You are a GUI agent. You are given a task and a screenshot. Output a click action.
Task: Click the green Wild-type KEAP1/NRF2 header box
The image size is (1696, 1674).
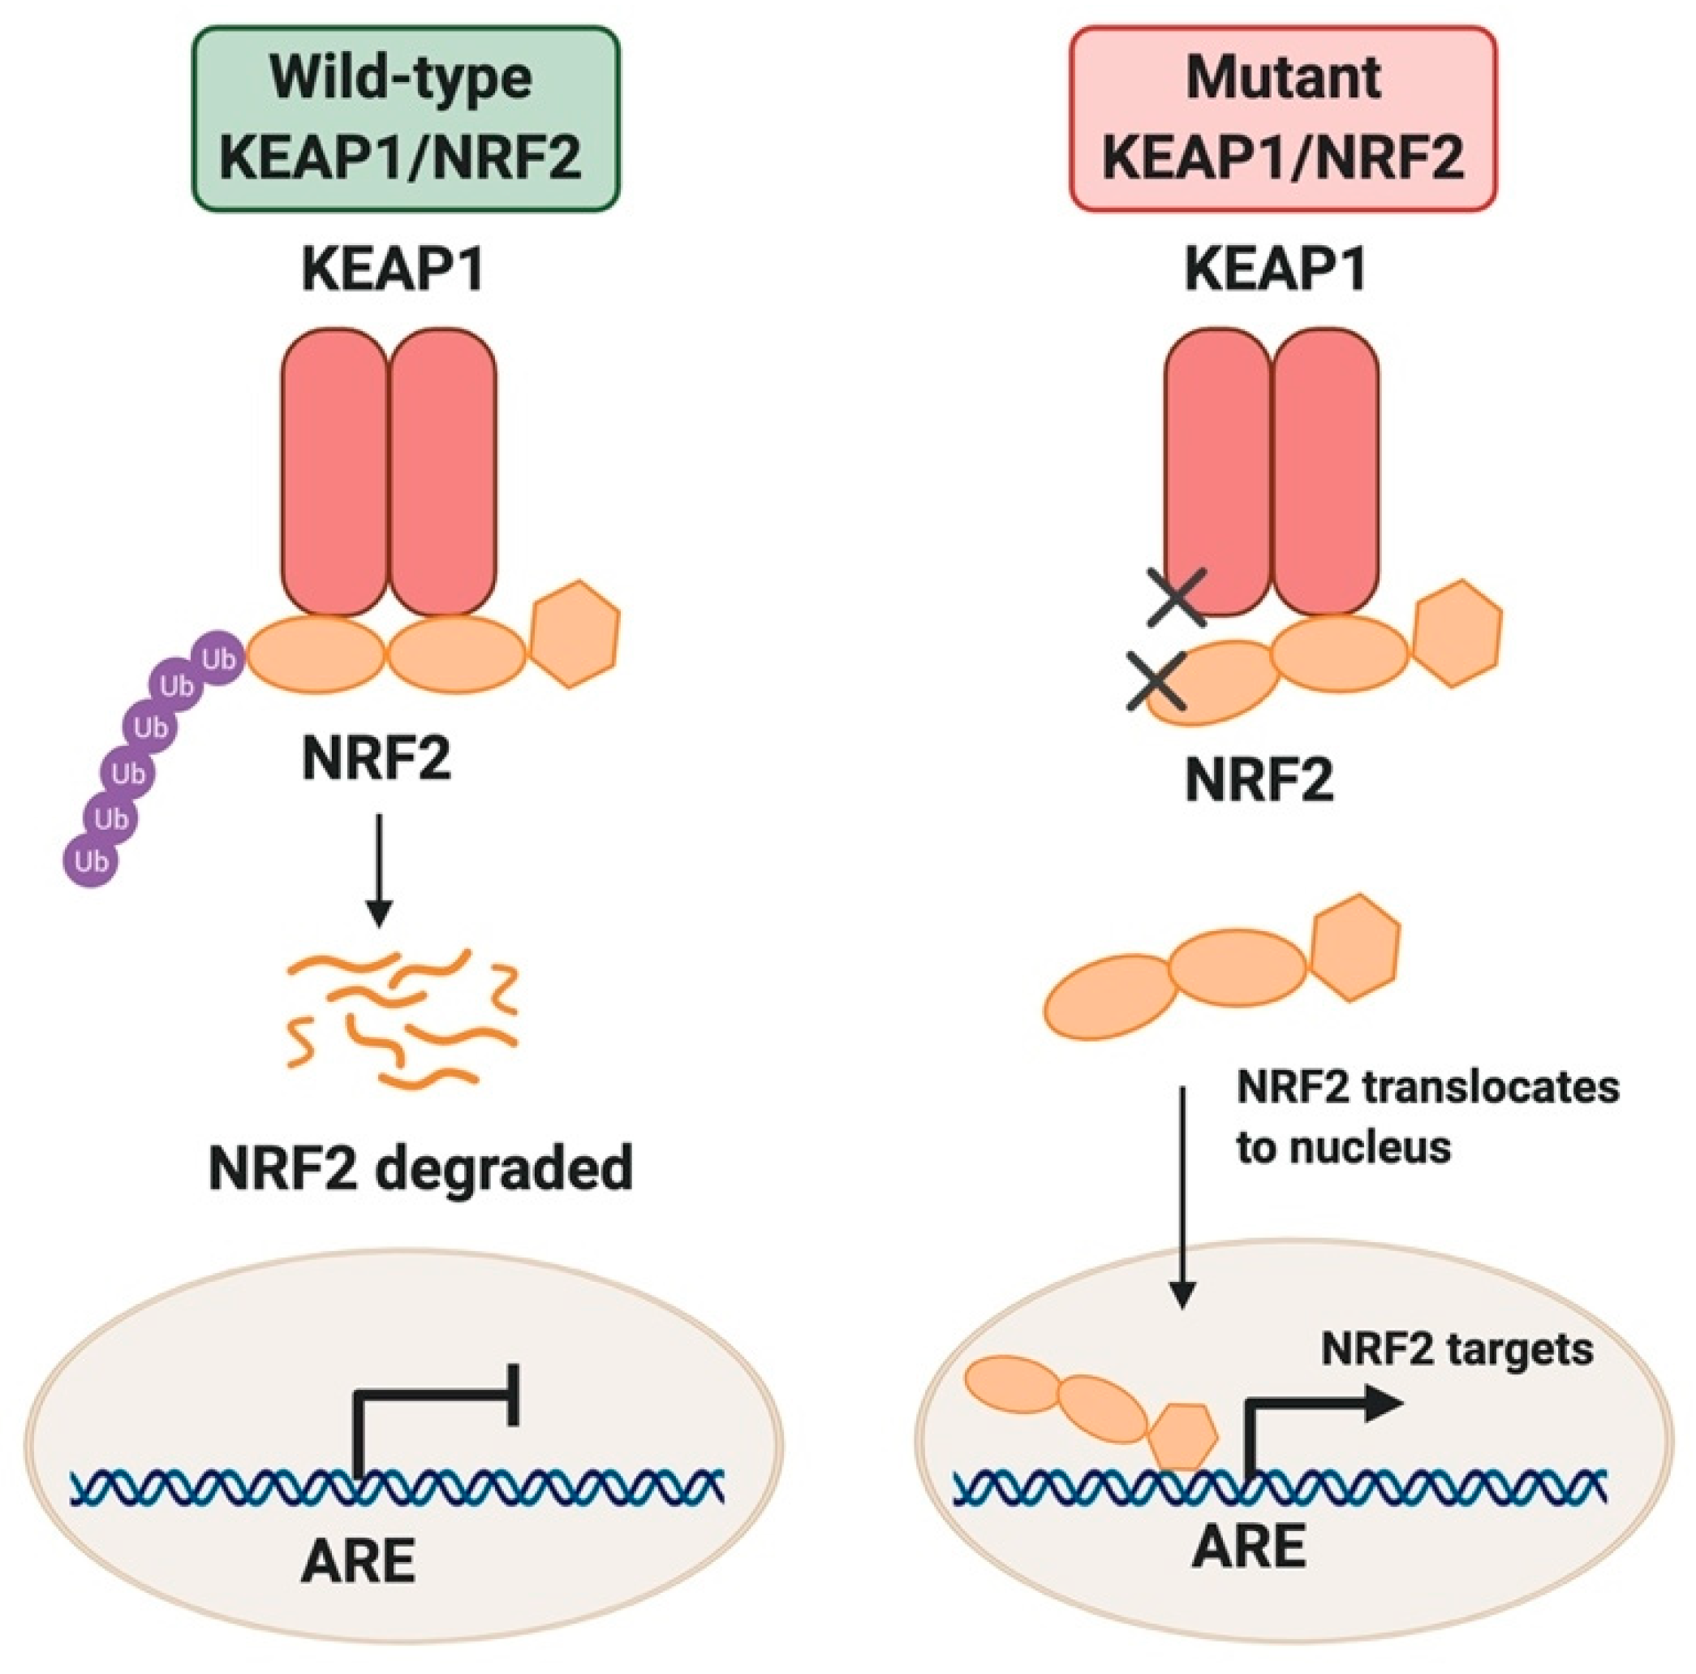point(405,119)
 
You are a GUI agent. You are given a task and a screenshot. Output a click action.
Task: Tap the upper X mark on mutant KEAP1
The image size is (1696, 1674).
point(1177,597)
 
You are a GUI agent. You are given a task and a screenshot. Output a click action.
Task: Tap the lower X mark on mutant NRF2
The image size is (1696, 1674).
point(1156,680)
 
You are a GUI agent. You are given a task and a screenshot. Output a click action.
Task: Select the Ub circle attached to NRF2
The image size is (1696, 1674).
point(218,658)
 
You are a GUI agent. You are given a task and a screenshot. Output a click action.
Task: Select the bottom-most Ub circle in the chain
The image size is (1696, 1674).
point(92,861)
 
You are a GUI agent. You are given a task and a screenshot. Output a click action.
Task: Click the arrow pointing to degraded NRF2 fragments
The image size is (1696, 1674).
point(378,869)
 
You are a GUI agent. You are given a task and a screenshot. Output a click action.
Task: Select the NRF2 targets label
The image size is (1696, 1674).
point(1457,1349)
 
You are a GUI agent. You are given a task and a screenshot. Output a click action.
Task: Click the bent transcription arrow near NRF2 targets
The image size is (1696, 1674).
point(1308,1405)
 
